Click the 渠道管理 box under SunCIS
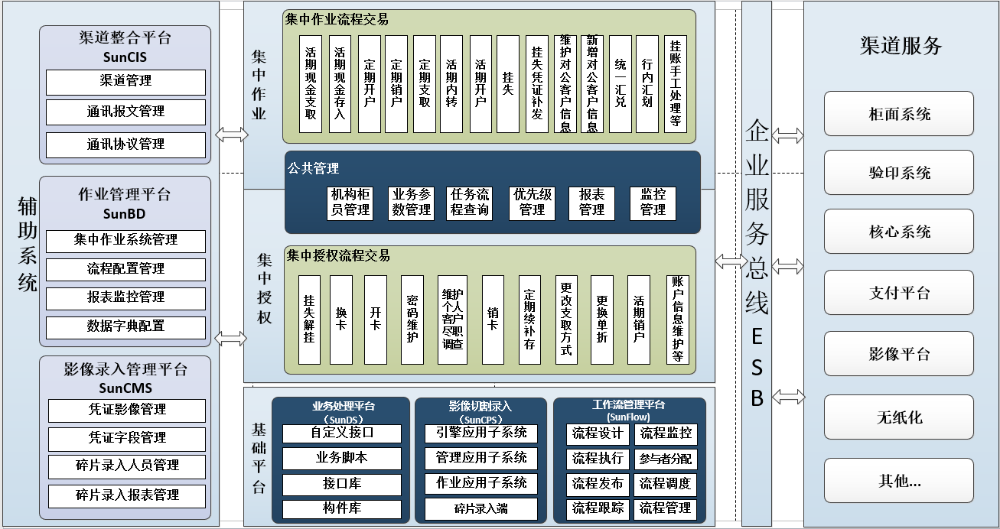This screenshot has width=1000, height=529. pyautogui.click(x=125, y=82)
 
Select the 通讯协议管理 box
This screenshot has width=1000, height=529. pyautogui.click(x=125, y=145)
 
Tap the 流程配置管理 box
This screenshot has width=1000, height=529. pyautogui.click(x=125, y=269)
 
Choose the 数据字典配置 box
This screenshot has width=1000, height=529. pyautogui.click(x=125, y=327)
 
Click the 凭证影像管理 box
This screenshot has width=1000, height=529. pyautogui.click(x=127, y=411)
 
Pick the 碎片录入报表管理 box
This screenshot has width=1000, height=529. pyautogui.click(x=127, y=496)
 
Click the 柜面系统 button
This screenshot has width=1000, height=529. pyautogui.click(x=899, y=114)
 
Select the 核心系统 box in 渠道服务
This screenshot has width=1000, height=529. pyautogui.click(x=899, y=232)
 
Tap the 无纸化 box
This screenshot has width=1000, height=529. pyautogui.click(x=899, y=417)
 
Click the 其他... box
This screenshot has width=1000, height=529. pyautogui.click(x=899, y=480)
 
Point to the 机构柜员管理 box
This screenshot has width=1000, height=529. pyautogui.click(x=350, y=203)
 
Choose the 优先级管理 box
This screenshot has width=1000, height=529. pyautogui.click(x=533, y=203)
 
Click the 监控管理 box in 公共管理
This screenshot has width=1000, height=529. pyautogui.click(x=653, y=203)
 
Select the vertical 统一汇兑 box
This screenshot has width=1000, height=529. pyautogui.click(x=621, y=84)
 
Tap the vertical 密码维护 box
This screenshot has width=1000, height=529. pyautogui.click(x=412, y=320)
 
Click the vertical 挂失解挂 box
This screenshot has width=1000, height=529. pyautogui.click(x=309, y=320)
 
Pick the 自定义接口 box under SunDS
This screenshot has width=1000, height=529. pyautogui.click(x=342, y=433)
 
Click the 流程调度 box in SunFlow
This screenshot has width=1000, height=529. pyautogui.click(x=665, y=485)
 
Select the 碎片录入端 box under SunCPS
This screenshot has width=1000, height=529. pyautogui.click(x=480, y=509)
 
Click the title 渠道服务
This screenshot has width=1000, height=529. pyautogui.click(x=901, y=46)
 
